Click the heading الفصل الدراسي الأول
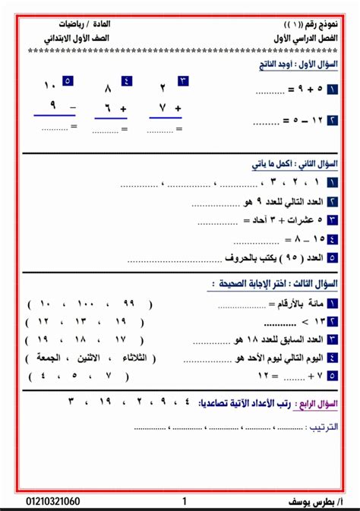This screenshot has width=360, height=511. tap(304, 37)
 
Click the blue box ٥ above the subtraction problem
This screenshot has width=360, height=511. tap(67, 80)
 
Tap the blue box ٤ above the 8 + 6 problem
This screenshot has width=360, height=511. tap(126, 80)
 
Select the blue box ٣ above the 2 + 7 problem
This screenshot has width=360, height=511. tap(183, 80)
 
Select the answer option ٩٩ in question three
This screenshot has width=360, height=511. tap(128, 304)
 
